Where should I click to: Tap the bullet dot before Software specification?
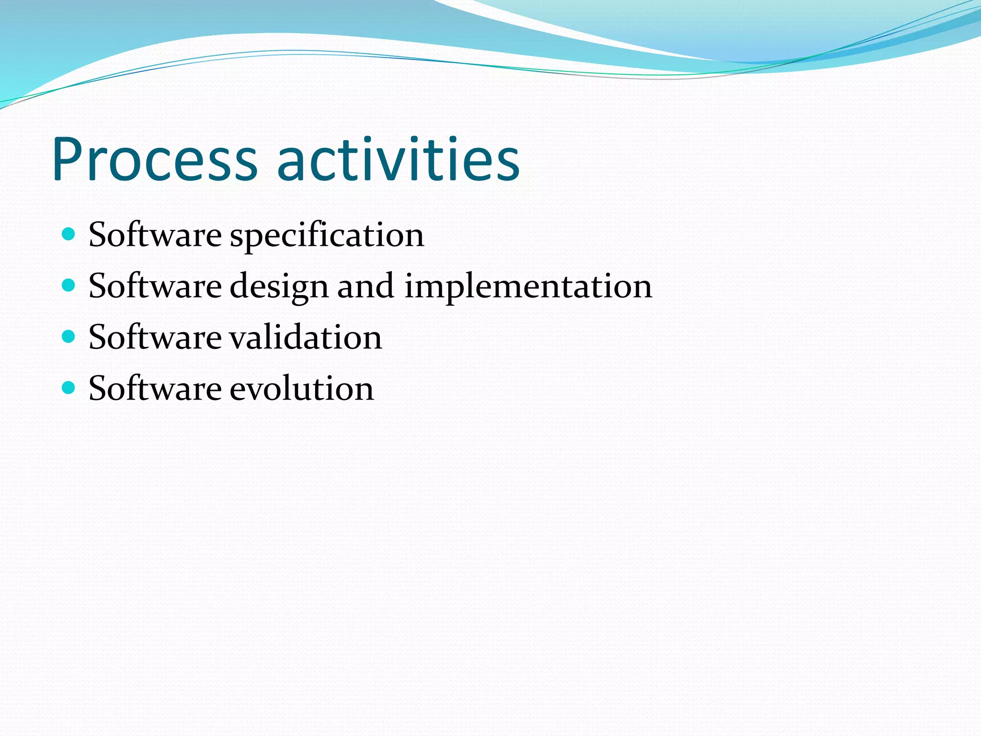(69, 234)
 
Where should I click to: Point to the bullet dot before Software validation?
(69, 336)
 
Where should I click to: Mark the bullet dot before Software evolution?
(69, 387)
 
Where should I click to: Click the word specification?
(327, 236)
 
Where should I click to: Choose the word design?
(279, 287)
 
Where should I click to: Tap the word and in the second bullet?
(365, 287)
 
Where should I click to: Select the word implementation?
(528, 287)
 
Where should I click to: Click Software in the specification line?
(155, 235)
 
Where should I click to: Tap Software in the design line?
(155, 287)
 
